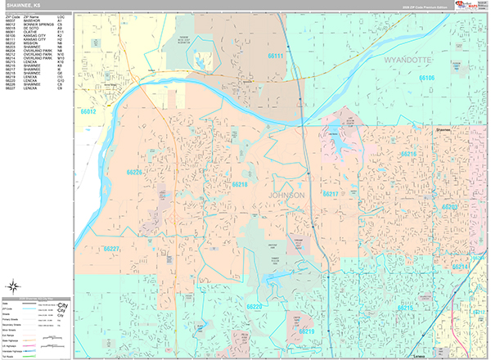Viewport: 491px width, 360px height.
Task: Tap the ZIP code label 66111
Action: pyautogui.click(x=276, y=56)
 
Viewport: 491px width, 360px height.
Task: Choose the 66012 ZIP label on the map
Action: pyautogui.click(x=88, y=110)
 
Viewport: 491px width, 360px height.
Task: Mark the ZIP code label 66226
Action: pyautogui.click(x=133, y=173)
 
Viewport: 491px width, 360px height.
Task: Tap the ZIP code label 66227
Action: pyautogui.click(x=112, y=249)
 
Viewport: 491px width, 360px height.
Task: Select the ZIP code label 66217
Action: pyautogui.click(x=331, y=194)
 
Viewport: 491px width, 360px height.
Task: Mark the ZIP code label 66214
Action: pyautogui.click(x=461, y=268)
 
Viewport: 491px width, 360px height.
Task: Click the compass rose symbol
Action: pyautogui.click(x=15, y=286)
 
